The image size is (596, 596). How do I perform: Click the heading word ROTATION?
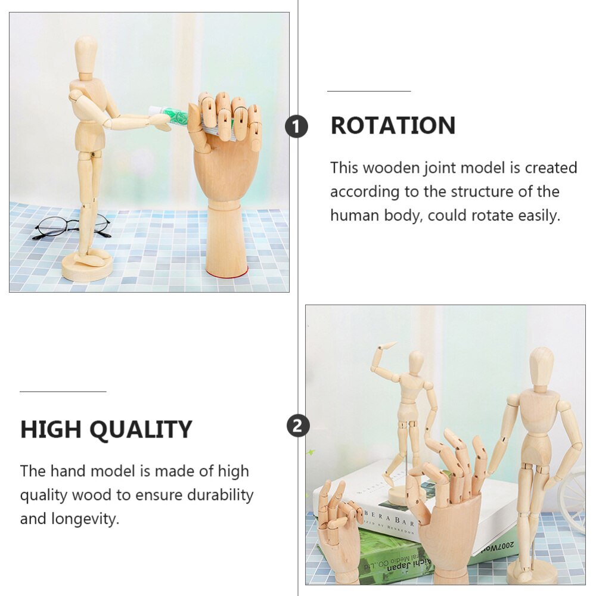[393, 126]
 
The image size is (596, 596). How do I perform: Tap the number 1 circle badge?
[297, 127]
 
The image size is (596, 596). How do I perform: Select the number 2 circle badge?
[298, 426]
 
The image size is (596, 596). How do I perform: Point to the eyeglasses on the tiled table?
[72, 226]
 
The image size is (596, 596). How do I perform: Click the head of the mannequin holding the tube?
[86, 54]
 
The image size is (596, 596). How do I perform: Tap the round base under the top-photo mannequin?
[87, 268]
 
